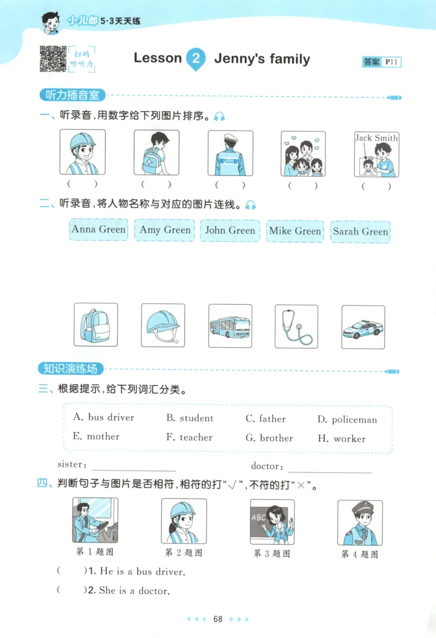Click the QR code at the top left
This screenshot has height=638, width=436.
point(52,59)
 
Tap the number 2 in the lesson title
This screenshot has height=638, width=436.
point(196,59)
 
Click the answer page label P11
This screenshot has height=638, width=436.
point(392,62)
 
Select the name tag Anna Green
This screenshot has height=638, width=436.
point(99,230)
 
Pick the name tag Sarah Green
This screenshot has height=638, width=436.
point(360,231)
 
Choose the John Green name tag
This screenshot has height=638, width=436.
point(230,230)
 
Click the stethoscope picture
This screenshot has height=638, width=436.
point(296,326)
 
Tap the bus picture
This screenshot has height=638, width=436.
point(230,326)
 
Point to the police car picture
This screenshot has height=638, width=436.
point(363,327)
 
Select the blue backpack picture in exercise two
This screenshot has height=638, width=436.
point(95,325)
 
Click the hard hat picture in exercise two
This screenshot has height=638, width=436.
point(163,326)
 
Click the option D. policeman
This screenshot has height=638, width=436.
point(347,420)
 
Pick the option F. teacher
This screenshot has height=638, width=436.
point(189,437)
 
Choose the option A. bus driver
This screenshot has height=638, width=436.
point(104,418)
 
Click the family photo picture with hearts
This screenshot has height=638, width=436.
point(303,154)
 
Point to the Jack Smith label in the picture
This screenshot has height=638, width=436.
point(377,138)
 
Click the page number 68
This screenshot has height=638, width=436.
point(218,619)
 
